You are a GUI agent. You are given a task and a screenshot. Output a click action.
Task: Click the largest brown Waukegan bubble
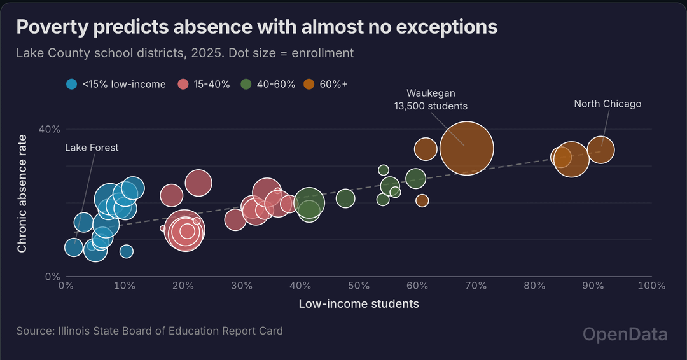tap(467, 148)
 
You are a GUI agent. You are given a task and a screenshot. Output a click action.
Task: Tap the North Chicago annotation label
tap(607, 104)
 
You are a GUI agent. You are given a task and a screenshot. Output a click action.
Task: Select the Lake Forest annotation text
tap(92, 148)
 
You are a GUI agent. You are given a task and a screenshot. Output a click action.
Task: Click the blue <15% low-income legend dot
tap(72, 84)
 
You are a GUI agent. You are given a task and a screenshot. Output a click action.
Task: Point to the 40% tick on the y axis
tap(50, 129)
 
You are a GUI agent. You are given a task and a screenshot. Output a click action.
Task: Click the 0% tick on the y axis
tap(52, 277)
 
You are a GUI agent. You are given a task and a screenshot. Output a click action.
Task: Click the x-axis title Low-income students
tap(359, 304)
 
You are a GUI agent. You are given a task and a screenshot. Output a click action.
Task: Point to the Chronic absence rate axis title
tap(22, 193)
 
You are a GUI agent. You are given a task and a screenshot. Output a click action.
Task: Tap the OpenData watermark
tap(625, 335)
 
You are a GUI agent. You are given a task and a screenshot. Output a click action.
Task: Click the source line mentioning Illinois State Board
tap(149, 331)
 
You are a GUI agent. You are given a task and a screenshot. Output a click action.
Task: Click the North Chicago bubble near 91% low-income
tap(600, 150)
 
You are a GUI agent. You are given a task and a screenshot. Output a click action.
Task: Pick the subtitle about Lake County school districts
tap(184, 53)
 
